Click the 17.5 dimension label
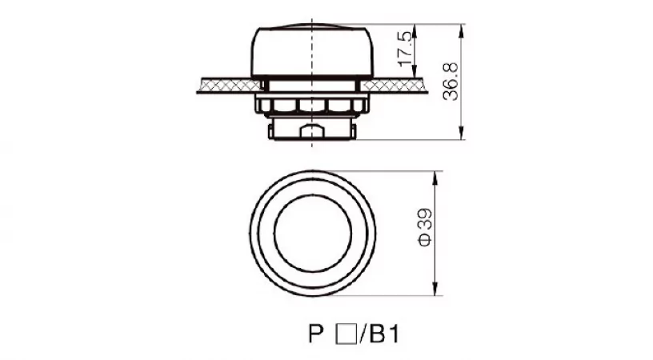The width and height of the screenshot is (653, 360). click(407, 49)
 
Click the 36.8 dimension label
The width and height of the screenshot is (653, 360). click(451, 82)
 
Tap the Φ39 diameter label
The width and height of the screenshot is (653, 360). click(425, 228)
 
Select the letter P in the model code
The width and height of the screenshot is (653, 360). click(315, 334)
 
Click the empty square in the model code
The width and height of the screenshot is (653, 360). click(346, 334)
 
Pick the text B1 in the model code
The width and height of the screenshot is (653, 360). click(384, 334)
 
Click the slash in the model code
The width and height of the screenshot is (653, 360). click(363, 334)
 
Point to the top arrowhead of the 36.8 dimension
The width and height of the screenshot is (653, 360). click(461, 30)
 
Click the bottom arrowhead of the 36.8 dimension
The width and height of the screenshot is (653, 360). click(461, 133)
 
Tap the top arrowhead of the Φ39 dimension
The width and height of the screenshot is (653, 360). click(435, 178)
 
